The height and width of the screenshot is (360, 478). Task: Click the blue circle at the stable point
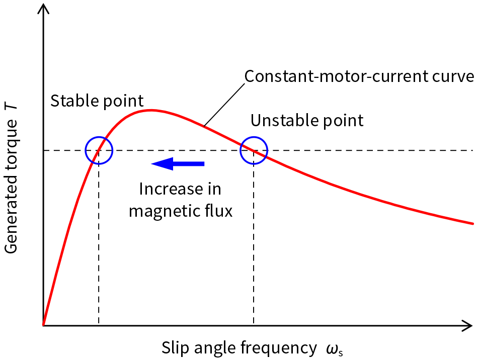[x=99, y=150]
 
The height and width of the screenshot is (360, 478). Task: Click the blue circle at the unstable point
[x=254, y=150]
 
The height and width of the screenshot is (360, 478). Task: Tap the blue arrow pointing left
[x=178, y=163]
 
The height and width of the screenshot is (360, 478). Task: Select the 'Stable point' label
[x=97, y=101]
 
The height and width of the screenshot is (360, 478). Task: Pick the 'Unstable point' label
[x=307, y=121]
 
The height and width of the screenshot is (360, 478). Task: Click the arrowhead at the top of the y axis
[x=44, y=8]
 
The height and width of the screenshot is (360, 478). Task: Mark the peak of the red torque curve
[x=150, y=110]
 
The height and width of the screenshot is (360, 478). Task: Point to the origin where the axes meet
[x=44, y=326]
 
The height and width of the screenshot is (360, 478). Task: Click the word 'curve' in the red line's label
[x=456, y=76]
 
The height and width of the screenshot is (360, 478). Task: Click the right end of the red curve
[x=473, y=223]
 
